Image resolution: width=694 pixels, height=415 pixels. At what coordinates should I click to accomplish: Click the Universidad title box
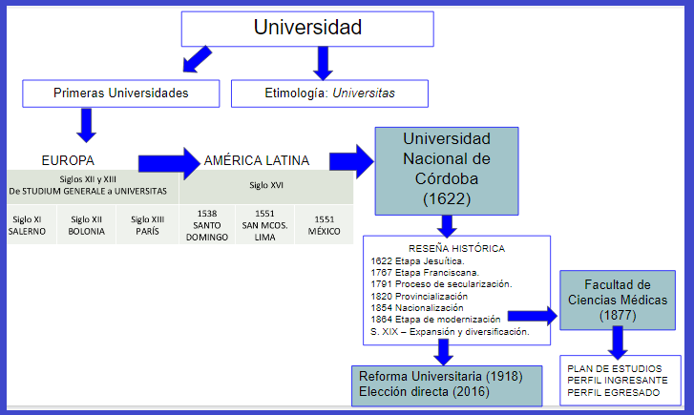[x=307, y=29]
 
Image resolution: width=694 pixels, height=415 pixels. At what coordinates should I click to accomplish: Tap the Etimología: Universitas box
[x=329, y=93]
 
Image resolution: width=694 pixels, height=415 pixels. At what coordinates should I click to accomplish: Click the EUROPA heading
[x=68, y=160]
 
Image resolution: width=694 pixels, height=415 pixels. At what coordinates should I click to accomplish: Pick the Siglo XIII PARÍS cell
[x=147, y=224]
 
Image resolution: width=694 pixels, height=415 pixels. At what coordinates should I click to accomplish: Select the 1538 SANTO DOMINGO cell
[x=207, y=224]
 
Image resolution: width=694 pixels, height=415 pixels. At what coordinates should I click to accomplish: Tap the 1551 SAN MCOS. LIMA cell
[x=265, y=224]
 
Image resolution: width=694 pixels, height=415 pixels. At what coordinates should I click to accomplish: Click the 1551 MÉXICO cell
[x=324, y=224]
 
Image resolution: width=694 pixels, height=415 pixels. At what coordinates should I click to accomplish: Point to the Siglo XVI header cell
[x=266, y=186]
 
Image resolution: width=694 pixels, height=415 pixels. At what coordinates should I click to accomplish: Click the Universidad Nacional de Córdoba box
[x=446, y=169]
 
